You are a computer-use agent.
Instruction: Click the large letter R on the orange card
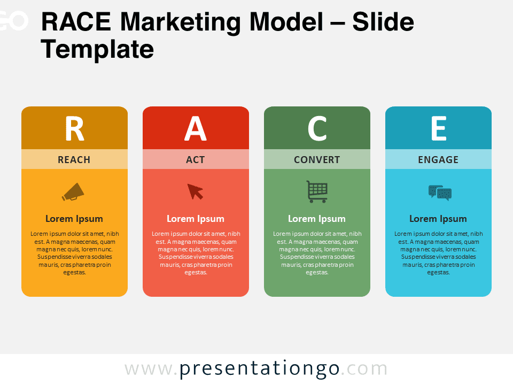pos(75,128)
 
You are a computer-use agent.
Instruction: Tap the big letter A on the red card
pos(196,128)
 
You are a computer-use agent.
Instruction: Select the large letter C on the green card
pos(317,128)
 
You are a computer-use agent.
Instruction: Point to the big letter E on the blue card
pos(439,128)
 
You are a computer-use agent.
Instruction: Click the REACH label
pos(74,160)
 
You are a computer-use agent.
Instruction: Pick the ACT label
pos(196,160)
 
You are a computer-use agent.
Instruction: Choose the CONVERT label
pos(317,160)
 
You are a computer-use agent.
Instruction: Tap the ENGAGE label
pos(438,160)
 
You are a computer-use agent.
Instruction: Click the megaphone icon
pos(73,192)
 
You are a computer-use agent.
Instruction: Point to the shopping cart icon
pos(317,191)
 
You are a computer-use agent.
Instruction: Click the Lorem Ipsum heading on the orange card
pos(74,219)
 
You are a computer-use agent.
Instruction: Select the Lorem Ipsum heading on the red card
pos(196,219)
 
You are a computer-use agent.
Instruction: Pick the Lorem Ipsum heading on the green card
pos(317,219)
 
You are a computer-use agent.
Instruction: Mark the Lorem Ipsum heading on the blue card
pos(438,219)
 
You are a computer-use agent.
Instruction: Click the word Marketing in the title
pos(181,22)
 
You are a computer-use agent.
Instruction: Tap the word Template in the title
pos(97,49)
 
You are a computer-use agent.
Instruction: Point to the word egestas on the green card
pos(317,273)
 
